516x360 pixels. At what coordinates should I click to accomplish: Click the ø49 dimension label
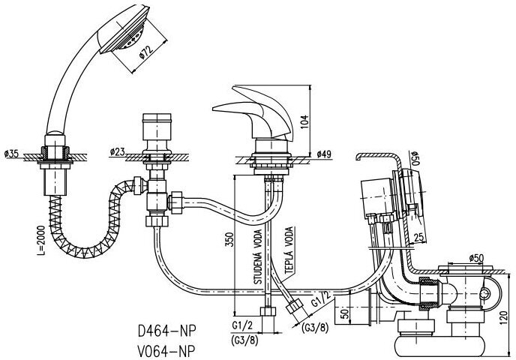pyautogui.click(x=324, y=154)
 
